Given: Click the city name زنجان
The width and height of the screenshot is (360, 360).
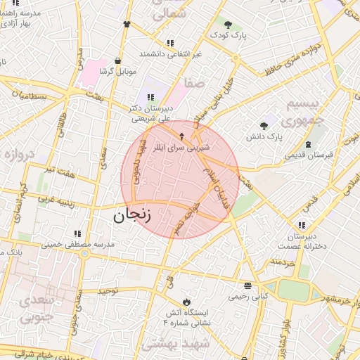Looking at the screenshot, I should (x=132, y=215).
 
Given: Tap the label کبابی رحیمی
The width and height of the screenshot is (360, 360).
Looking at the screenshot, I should (x=247, y=297).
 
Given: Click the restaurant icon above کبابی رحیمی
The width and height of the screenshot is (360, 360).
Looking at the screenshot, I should (x=247, y=285).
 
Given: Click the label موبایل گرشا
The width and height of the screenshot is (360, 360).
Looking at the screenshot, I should (x=116, y=72).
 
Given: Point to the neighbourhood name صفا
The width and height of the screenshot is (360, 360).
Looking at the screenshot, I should (x=194, y=84).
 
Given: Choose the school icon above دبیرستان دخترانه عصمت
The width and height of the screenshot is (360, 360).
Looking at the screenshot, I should (x=302, y=225).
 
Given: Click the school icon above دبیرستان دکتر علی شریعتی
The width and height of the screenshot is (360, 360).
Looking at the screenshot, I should (x=150, y=96).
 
